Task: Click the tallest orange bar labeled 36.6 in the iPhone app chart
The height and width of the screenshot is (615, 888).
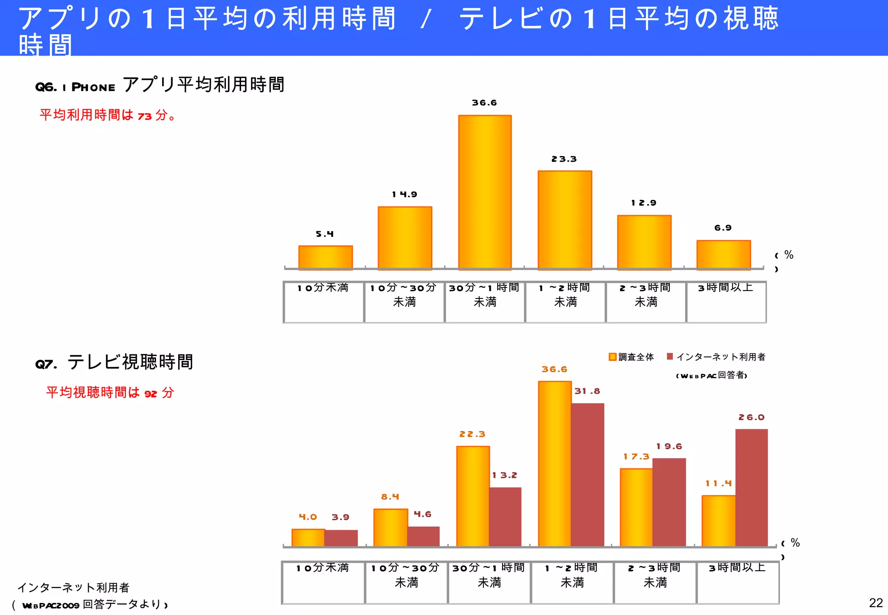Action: (x=485, y=192)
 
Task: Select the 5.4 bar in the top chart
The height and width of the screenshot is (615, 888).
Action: (x=325, y=258)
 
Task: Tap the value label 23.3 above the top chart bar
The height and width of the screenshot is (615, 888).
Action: (x=564, y=159)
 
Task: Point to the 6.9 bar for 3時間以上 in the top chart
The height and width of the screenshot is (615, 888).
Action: (x=723, y=255)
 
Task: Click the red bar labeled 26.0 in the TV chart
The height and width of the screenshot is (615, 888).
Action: (x=751, y=487)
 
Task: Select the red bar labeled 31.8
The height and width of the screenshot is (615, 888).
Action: (x=588, y=474)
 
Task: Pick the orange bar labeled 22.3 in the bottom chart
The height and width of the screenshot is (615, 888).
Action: (x=473, y=496)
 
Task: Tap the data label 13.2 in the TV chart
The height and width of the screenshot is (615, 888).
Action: (x=505, y=475)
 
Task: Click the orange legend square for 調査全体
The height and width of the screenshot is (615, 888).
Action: (x=613, y=357)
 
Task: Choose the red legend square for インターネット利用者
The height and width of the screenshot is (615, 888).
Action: (x=670, y=357)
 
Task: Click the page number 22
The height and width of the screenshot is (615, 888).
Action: (x=876, y=603)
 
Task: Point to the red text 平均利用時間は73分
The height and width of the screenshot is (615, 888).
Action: (x=107, y=115)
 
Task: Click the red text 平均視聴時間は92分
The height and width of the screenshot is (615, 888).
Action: (x=110, y=393)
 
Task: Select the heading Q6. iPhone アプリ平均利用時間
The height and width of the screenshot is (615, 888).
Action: (x=160, y=85)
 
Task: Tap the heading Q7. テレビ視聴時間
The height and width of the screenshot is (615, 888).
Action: (x=114, y=362)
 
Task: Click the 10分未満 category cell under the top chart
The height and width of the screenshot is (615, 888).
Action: (x=323, y=302)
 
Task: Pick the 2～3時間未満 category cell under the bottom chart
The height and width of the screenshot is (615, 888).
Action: (x=655, y=582)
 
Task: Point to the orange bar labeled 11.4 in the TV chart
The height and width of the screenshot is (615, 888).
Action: (x=718, y=520)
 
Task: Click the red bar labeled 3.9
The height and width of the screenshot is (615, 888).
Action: (x=341, y=538)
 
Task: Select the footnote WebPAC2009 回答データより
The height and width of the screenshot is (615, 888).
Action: (x=91, y=604)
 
